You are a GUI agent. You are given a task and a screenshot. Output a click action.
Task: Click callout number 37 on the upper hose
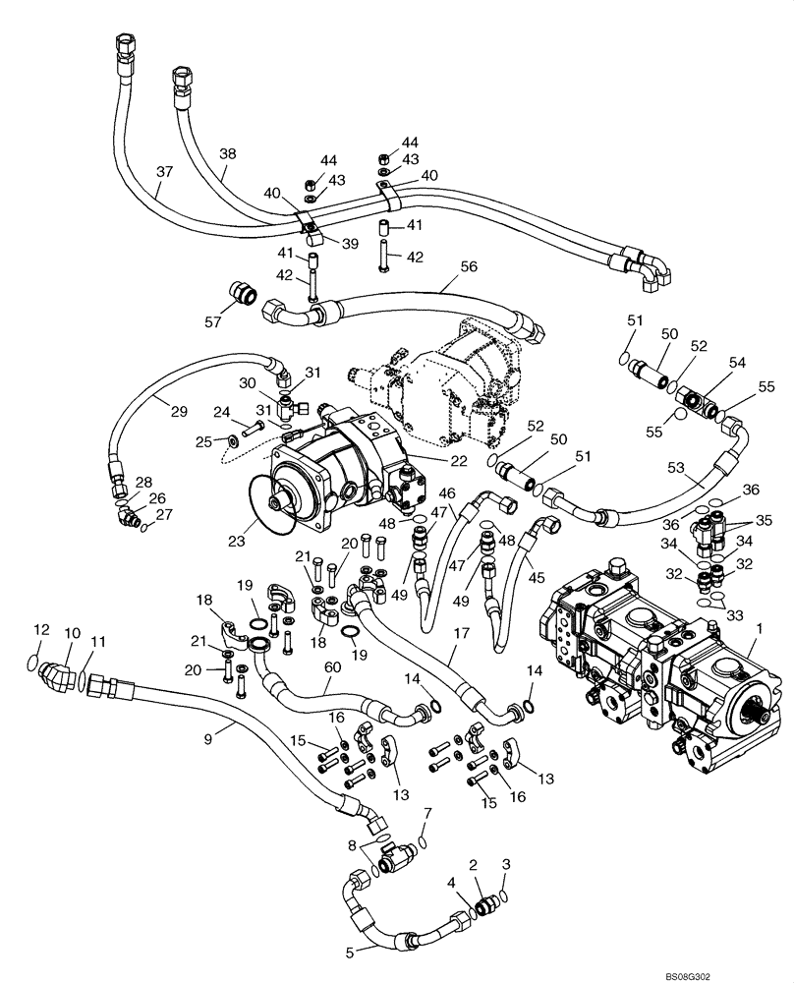165,171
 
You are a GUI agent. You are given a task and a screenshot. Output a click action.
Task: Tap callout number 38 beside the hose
227,154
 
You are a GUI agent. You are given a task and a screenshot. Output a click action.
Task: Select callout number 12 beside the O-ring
40,629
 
